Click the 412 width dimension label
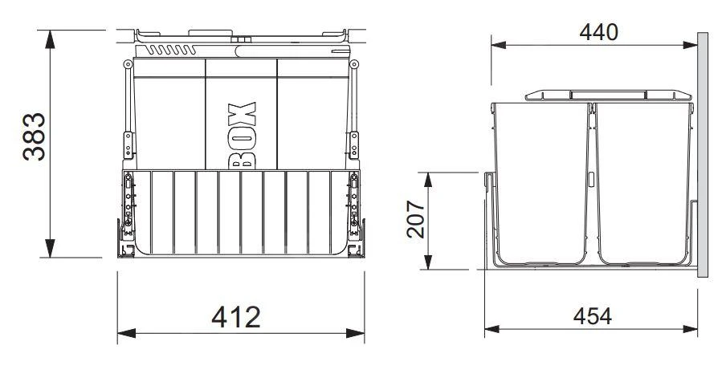pyautogui.click(x=236, y=317)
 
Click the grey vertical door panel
pyautogui.click(x=703, y=152)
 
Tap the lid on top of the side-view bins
pyautogui.click(x=608, y=95)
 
